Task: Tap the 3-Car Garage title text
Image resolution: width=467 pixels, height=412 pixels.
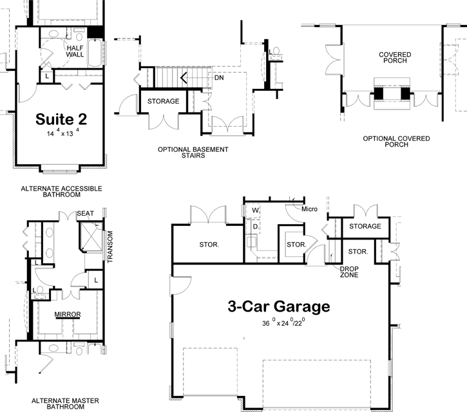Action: coord(278,306)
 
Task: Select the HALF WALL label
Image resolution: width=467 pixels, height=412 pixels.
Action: coord(75,51)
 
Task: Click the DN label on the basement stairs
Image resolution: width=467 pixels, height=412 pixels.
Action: coord(219,78)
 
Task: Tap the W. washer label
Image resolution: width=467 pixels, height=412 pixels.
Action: coord(256,211)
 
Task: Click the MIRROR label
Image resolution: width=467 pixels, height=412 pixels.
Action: coord(67,314)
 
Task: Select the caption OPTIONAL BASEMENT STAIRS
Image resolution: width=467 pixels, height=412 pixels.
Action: coord(193,152)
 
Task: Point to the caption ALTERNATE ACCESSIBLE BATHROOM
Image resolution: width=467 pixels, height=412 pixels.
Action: coord(61,191)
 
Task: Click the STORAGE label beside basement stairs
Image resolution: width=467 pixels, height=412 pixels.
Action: coord(164,102)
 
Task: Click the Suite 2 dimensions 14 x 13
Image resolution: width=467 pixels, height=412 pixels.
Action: coord(62,134)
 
